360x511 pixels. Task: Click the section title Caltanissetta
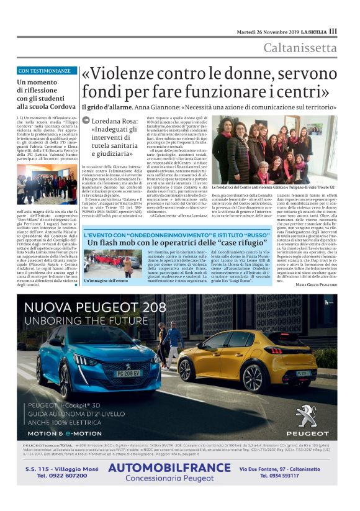point(300,48)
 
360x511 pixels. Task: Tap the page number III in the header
point(333,31)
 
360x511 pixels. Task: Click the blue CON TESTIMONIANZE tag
point(47,71)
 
